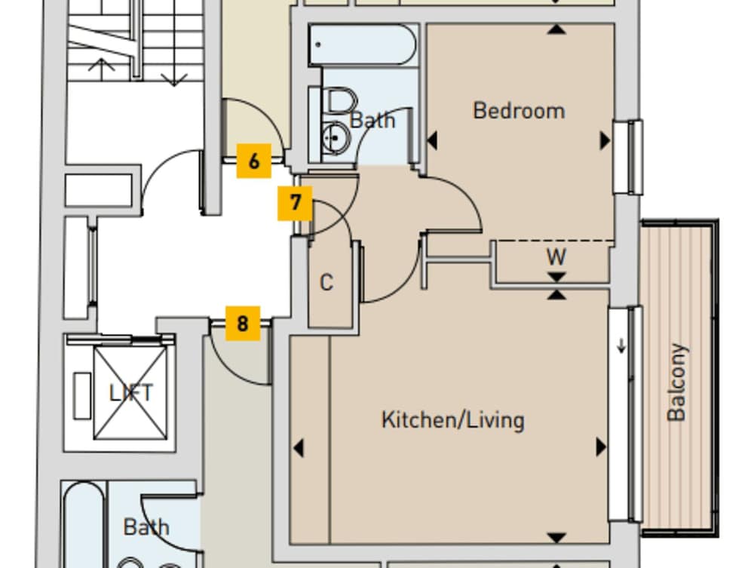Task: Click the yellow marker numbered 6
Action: point(254,161)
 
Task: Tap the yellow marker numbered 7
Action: point(295,203)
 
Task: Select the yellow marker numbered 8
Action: point(242,324)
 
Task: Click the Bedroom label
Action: point(519,111)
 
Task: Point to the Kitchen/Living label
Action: point(452,419)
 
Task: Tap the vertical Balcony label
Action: point(676,382)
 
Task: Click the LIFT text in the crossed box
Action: point(130,393)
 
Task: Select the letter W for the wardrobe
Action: point(556,257)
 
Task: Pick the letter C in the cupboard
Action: point(326,283)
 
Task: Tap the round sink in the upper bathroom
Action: point(333,137)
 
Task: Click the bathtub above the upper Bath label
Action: point(362,45)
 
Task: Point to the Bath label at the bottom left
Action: point(146,527)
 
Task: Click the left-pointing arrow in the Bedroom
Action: point(433,140)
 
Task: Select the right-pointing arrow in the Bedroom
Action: point(604,140)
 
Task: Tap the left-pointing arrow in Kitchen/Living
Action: point(299,448)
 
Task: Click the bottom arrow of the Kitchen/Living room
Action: point(556,537)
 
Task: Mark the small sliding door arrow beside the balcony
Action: point(621,346)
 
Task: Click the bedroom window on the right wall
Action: point(627,157)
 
